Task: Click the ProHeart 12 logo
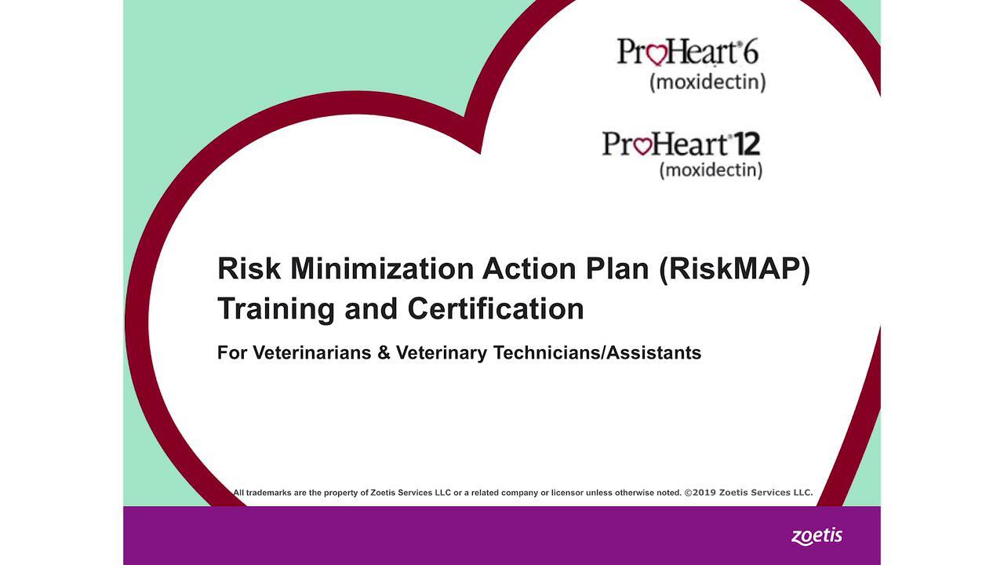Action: pos(681,144)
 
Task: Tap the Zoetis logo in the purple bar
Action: pos(817,537)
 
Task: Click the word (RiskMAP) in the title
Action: pos(734,269)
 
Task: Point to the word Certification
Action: pos(496,308)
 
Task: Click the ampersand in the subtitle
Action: pos(384,353)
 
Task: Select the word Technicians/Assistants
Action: pos(597,353)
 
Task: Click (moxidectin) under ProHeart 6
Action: pos(708,82)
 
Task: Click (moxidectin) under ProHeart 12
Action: pos(711,169)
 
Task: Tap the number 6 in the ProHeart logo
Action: pos(751,52)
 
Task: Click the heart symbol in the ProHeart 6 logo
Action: pos(657,54)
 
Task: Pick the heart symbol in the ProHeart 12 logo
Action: pos(642,146)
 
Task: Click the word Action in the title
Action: pos(529,269)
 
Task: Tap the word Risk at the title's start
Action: pos(249,269)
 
